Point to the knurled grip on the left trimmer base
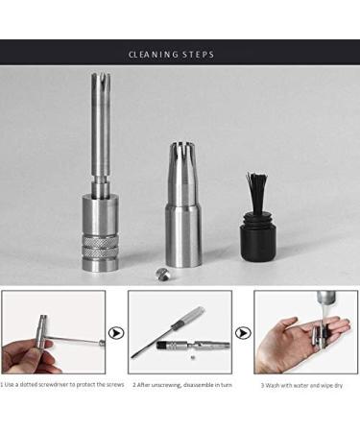coord(102,247)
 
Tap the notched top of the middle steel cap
coord(183,154)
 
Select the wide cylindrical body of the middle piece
coord(183,230)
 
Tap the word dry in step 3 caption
coord(343,385)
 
